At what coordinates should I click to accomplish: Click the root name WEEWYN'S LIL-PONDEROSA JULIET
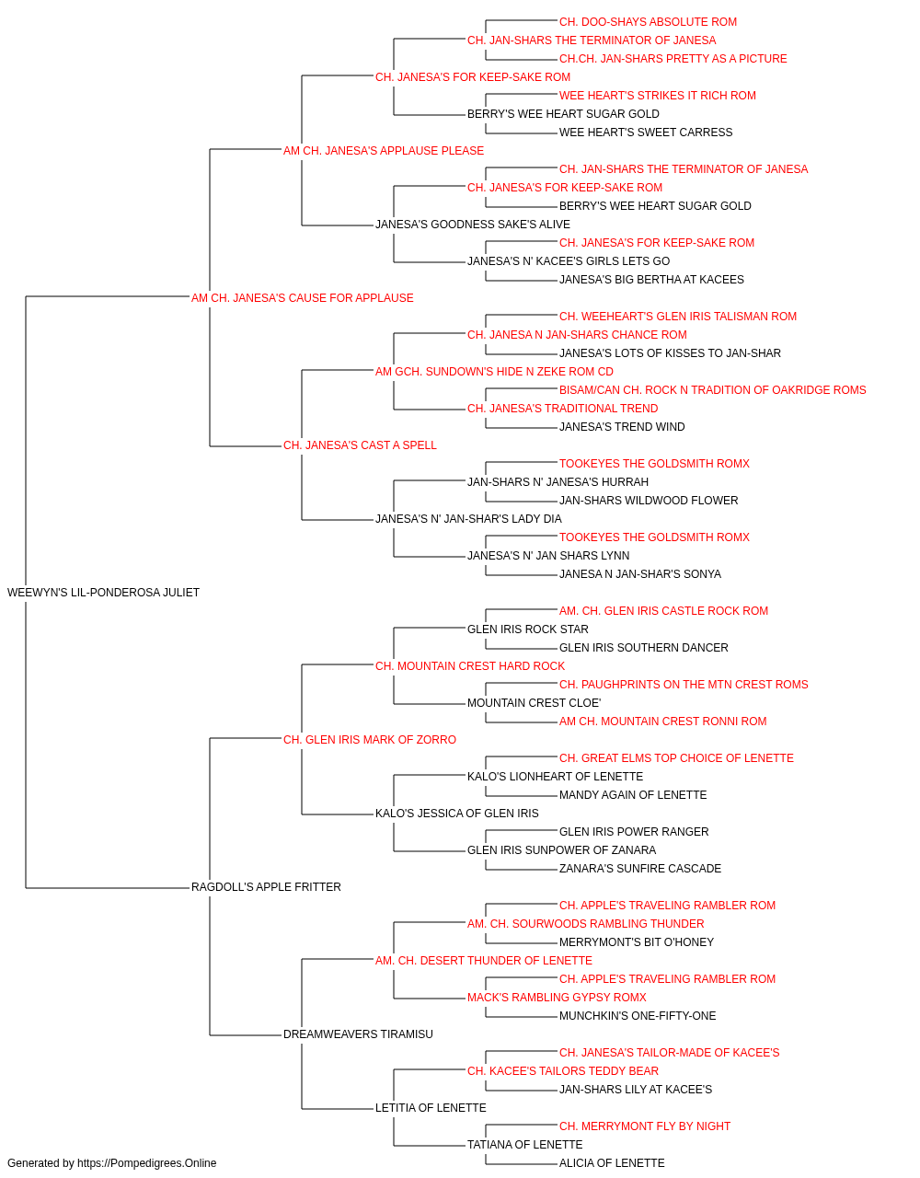coord(103,593)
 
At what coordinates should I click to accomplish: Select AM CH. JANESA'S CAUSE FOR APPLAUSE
coord(303,298)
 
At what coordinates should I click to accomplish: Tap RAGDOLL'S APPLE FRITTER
coord(266,887)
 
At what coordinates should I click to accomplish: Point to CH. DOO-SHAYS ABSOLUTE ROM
coord(648,22)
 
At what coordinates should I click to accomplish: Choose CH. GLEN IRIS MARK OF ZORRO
coord(370,740)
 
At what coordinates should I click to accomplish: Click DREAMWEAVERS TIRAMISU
coord(358,1034)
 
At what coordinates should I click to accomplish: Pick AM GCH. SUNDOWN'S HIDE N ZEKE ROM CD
coord(494,372)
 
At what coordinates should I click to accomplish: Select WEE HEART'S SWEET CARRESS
coord(646,133)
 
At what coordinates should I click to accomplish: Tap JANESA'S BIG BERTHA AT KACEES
coord(651,280)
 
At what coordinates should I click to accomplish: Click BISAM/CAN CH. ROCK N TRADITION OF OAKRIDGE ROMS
coord(712,390)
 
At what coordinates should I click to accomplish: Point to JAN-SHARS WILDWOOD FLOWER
coord(649,501)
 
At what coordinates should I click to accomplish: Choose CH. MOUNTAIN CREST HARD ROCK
coord(470,666)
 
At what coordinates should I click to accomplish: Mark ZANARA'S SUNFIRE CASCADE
coord(640,869)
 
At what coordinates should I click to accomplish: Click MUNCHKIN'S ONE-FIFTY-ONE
coord(638,1016)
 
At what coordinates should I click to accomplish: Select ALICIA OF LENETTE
coord(612,1163)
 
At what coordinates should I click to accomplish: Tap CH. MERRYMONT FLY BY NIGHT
coord(645,1126)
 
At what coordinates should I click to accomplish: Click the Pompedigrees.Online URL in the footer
coord(147,1163)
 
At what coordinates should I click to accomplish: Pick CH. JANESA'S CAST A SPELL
coord(360,445)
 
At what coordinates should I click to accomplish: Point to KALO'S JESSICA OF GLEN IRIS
coord(457,814)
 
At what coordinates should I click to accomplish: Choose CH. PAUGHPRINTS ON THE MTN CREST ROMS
coord(684,685)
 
